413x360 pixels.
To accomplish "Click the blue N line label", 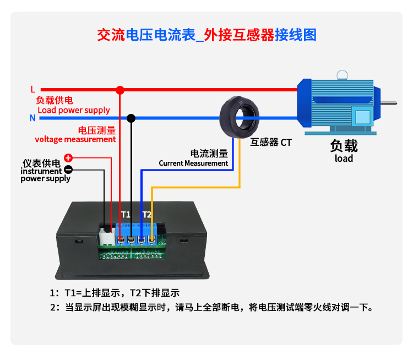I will [x=32, y=118].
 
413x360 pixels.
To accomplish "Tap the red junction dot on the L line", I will [x=121, y=89].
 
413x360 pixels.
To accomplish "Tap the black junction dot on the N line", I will [x=131, y=118].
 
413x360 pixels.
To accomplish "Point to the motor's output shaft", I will [x=389, y=102].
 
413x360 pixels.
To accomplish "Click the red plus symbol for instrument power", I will [x=69, y=158].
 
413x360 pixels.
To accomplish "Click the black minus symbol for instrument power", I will [x=69, y=170].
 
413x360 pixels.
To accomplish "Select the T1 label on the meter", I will [x=126, y=214].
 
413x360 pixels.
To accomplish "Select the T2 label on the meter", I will [x=147, y=214].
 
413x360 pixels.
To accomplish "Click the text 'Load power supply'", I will [x=73, y=110].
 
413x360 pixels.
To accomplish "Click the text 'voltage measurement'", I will [x=75, y=139].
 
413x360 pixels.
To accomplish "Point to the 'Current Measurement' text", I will [x=193, y=163].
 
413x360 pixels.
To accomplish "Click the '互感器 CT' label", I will [x=271, y=143].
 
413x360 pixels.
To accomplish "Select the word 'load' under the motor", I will [x=344, y=159].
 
